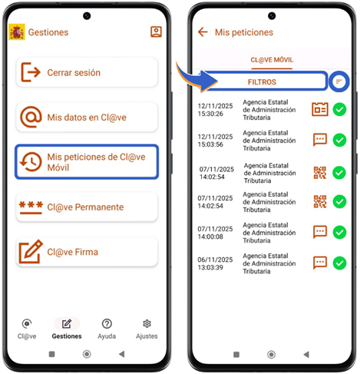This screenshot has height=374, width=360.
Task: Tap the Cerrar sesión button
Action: click(x=87, y=72)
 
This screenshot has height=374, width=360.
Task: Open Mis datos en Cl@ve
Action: click(x=87, y=117)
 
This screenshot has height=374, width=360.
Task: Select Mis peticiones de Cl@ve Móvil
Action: click(x=87, y=162)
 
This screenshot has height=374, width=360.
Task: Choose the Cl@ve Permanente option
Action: click(x=87, y=207)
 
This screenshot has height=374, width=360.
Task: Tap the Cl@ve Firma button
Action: click(x=87, y=252)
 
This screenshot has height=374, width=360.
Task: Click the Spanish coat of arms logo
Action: click(x=17, y=32)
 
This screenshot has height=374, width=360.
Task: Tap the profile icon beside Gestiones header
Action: click(x=156, y=31)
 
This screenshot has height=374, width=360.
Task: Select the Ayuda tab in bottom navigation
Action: click(x=107, y=329)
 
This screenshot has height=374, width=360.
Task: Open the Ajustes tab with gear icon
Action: click(x=147, y=329)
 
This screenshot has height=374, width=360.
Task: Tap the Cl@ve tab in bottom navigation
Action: click(x=27, y=329)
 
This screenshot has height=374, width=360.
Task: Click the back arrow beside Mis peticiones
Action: click(x=203, y=32)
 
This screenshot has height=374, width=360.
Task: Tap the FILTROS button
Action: click(x=262, y=81)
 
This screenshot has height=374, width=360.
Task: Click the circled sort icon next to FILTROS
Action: click(x=339, y=81)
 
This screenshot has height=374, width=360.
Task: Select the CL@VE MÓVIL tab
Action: click(x=272, y=60)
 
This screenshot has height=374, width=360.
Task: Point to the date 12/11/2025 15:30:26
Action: click(x=215, y=110)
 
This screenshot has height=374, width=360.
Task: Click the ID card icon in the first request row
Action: click(x=320, y=109)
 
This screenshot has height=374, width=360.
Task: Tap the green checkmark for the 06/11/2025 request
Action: click(x=339, y=263)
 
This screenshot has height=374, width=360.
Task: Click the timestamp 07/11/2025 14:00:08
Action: click(x=215, y=233)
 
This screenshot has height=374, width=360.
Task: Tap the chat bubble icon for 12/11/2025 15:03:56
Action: click(x=320, y=140)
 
